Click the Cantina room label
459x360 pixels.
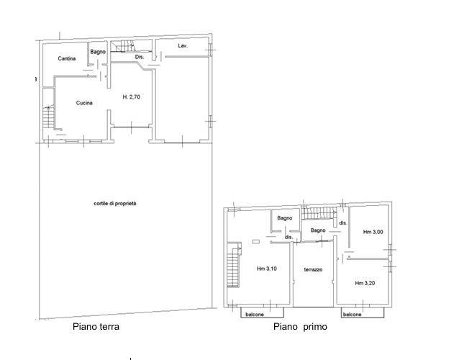pyautogui.click(x=67, y=58)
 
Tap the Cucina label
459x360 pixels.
pyautogui.click(x=84, y=103)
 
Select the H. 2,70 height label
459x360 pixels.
pyautogui.click(x=131, y=96)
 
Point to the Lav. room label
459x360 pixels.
pyautogui.click(x=183, y=45)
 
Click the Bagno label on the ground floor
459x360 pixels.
pyautogui.click(x=98, y=52)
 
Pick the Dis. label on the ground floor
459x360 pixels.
pyautogui.click(x=140, y=57)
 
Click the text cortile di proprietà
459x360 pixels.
pyautogui.click(x=115, y=203)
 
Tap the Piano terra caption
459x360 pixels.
pyautogui.click(x=96, y=326)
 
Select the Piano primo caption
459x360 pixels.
pyautogui.click(x=300, y=326)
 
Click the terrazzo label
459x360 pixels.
pyautogui.click(x=313, y=269)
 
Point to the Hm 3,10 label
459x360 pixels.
pyautogui.click(x=267, y=269)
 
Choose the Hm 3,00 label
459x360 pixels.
pyautogui.click(x=373, y=232)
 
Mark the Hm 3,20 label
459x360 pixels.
pyautogui.click(x=365, y=283)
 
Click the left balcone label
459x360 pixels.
pyautogui.click(x=255, y=315)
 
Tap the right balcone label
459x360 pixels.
pyautogui.click(x=352, y=315)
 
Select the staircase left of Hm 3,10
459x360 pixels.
pyautogui.click(x=234, y=265)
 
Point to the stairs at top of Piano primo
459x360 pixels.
pyautogui.click(x=319, y=213)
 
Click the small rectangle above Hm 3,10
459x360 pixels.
pyautogui.click(x=256, y=242)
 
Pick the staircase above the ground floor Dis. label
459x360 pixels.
pyautogui.click(x=123, y=46)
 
